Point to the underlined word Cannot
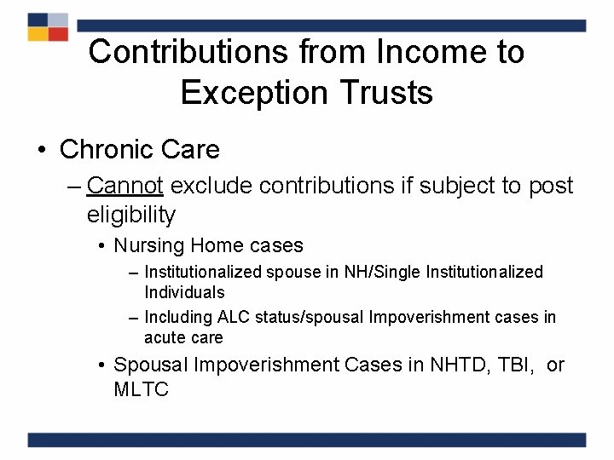click(129, 186)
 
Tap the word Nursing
click(149, 246)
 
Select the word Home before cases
click(217, 246)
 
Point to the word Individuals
click(184, 292)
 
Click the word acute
click(164, 337)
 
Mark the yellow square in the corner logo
click(38, 34)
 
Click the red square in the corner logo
click(58, 34)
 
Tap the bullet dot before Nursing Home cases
click(101, 247)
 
